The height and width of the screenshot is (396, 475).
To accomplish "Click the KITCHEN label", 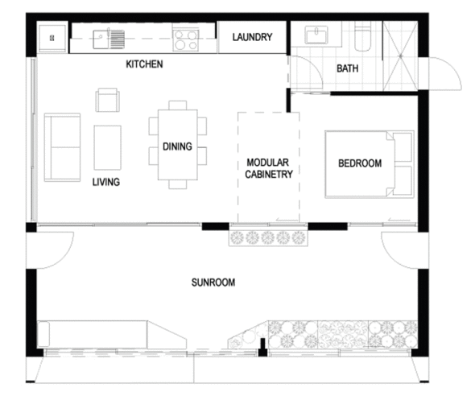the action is tap(144, 64).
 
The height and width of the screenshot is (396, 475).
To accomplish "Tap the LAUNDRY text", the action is tap(252, 37).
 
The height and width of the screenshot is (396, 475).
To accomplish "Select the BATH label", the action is tap(348, 68).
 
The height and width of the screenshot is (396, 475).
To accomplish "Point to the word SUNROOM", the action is tap(213, 283).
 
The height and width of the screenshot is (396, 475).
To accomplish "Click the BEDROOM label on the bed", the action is tap(360, 163).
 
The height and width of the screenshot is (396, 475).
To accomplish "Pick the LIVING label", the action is tap(106, 182).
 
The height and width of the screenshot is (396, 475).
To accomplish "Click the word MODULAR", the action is tap(268, 163).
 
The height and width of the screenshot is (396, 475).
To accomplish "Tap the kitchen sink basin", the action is tap(100, 39).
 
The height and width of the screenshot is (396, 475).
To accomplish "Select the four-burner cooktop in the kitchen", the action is tap(185, 40).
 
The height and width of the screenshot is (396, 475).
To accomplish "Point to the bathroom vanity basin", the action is tap(316, 35).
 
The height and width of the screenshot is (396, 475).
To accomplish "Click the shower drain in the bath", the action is tap(400, 56).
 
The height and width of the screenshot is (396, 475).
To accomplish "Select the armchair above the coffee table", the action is tap(108, 100).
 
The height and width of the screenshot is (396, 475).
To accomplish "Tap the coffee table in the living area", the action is tap(108, 147).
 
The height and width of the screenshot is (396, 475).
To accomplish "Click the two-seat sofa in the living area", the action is tap(63, 147).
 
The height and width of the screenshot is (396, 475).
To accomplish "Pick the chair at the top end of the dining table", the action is tap(178, 105).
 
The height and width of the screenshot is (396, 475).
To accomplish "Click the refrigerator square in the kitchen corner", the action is tap(52, 38).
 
